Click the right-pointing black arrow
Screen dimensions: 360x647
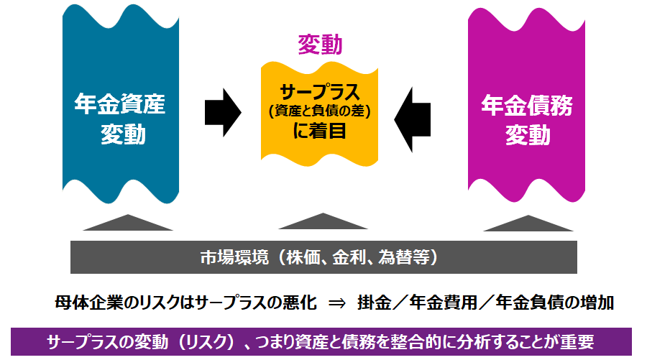[x=224, y=112]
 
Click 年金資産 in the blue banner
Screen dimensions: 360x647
[x=119, y=106]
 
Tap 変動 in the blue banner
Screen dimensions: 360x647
[x=119, y=134]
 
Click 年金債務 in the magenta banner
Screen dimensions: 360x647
[x=526, y=106]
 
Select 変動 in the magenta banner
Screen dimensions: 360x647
[x=526, y=134]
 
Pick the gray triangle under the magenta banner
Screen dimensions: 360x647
[x=527, y=223]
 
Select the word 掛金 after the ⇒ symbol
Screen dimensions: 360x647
[x=374, y=303]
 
